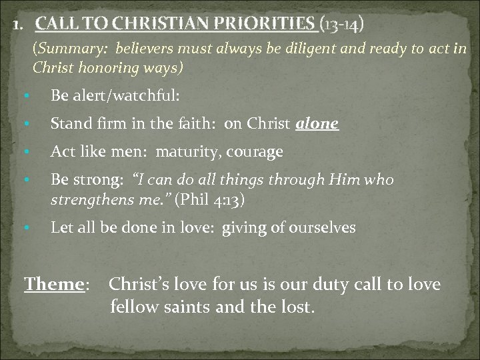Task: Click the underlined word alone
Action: click(x=320, y=123)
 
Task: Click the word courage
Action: click(x=256, y=153)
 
